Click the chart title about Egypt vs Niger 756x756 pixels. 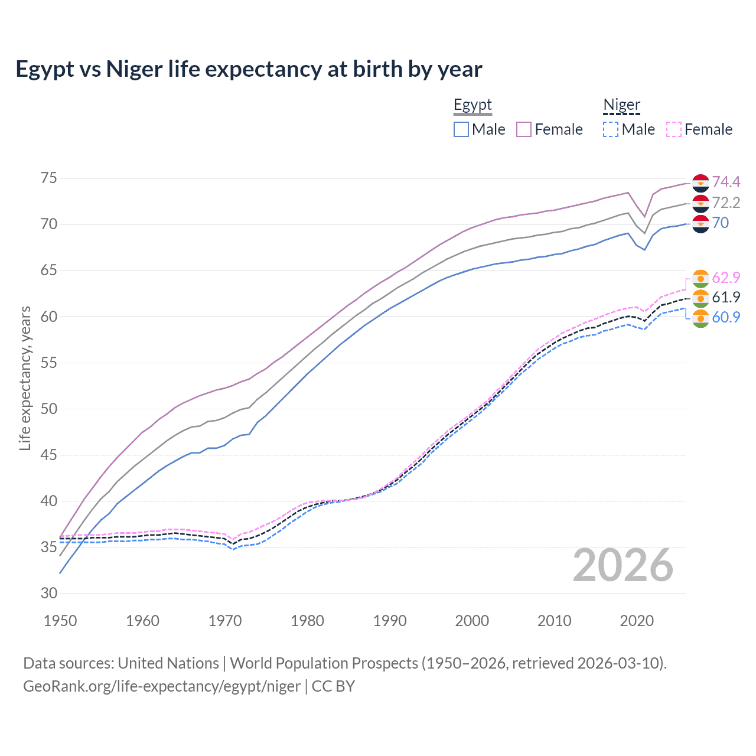coord(249,69)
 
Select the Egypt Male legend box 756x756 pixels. coord(461,129)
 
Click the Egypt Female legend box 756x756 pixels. coord(524,129)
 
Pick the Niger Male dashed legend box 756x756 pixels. coord(611,129)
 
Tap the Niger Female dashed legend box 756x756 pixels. coord(674,129)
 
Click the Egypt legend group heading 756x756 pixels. coord(472,105)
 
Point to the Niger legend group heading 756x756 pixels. coord(621,105)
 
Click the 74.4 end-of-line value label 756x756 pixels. coord(726,182)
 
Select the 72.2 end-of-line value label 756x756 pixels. coord(726,203)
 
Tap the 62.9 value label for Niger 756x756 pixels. coord(726,278)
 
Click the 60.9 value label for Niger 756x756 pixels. coord(726,317)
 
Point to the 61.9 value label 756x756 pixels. coord(726,297)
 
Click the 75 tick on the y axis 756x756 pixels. coord(49,178)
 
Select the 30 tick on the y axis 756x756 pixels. coord(49,593)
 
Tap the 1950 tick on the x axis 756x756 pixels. coord(60,621)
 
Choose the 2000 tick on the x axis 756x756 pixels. coord(472,621)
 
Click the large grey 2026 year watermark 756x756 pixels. coord(623,565)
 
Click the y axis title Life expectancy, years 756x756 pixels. coord(25,378)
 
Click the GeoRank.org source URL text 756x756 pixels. coord(162,686)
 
